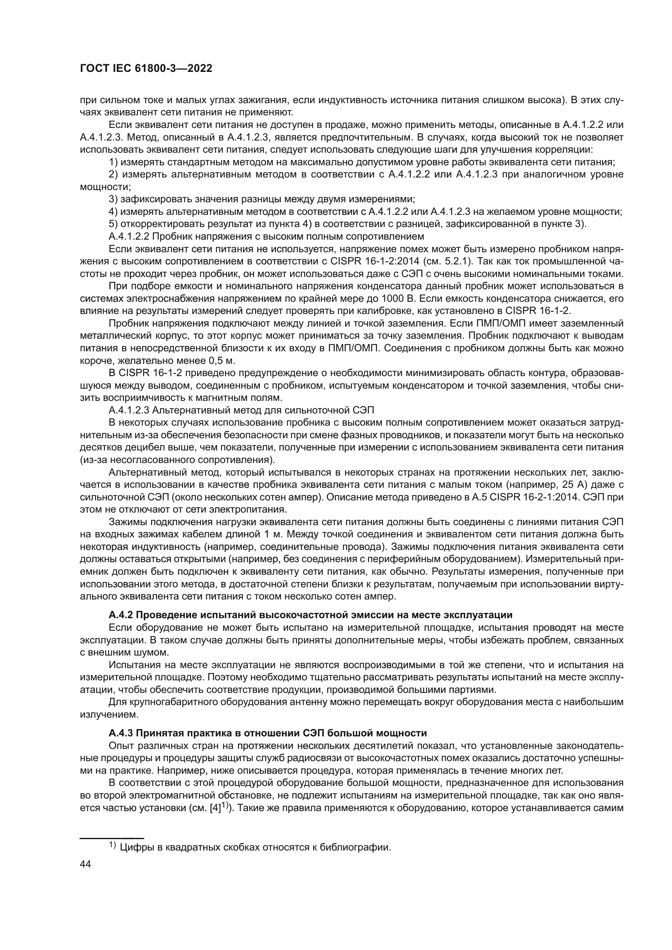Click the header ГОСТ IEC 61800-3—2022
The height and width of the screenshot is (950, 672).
click(x=146, y=69)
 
